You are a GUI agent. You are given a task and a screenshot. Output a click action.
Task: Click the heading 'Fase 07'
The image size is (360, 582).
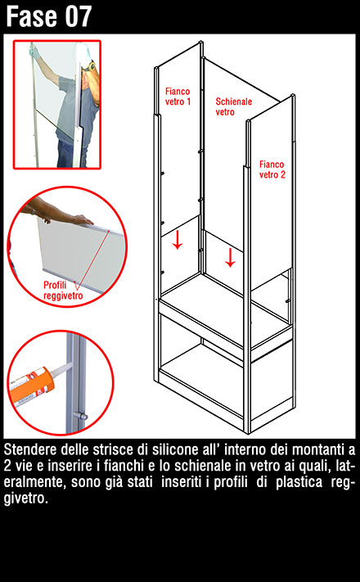coord(48,16)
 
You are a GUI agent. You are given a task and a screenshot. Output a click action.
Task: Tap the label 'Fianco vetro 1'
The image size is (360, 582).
coord(178,97)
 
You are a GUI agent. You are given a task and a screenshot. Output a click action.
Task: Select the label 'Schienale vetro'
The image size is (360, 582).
coord(234,106)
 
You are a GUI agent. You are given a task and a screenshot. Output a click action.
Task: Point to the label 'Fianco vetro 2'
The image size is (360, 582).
coord(272,169)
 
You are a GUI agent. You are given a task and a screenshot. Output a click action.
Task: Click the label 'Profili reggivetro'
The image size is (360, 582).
coord(63,291)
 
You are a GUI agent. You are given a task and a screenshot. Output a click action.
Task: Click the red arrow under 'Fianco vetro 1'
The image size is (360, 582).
coord(178,241)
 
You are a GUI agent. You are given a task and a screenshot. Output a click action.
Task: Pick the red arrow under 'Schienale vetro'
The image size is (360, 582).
coord(231,258)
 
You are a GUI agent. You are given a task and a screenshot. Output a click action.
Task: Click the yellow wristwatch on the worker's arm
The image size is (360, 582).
coord(90,67)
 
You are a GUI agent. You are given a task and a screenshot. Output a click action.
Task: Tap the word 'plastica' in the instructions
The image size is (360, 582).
coord(299,482)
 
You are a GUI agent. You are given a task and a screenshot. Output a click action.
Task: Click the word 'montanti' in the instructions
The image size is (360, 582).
coord(318,450)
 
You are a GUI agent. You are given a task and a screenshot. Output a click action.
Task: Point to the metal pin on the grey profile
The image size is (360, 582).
coord(80,416)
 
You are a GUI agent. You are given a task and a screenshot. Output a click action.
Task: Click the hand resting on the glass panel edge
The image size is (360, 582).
coord(82,219)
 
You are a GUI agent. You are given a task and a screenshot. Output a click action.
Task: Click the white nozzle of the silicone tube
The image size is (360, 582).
coord(61,368)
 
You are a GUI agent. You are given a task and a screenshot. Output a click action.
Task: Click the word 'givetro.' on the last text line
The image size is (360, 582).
coord(26,499)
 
